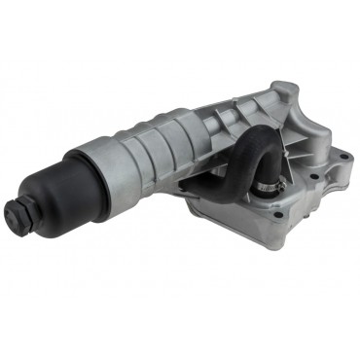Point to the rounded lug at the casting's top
pyautogui.click(x=281, y=91)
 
